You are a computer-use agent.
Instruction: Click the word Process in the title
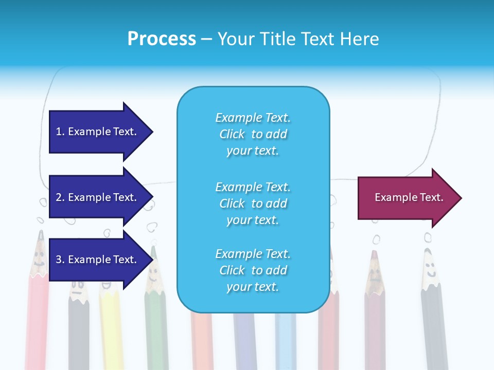click(162, 39)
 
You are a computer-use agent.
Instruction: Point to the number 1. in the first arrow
click(60, 132)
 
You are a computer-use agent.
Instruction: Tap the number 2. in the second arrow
click(60, 197)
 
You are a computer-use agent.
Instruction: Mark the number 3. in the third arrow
click(60, 260)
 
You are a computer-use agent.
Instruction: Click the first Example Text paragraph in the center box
click(253, 134)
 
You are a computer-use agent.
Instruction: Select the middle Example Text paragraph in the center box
click(253, 203)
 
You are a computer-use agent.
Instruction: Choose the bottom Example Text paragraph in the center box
click(253, 270)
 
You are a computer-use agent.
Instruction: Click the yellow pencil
click(110, 329)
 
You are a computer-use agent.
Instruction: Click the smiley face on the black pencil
click(430, 268)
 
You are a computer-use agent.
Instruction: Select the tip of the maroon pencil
click(374, 255)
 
